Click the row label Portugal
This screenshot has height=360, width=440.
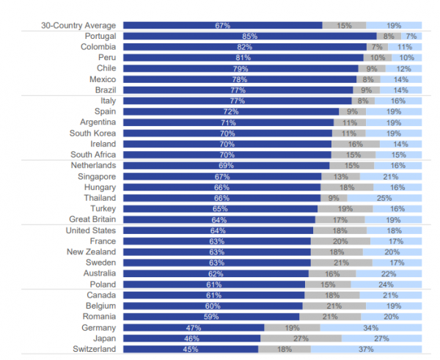point(100,36)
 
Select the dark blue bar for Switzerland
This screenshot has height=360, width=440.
point(191,350)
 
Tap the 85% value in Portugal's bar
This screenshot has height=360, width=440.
point(249,36)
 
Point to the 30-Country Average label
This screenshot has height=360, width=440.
point(78,25)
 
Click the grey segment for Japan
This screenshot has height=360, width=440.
point(301,339)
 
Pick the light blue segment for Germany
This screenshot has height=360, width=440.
point(370,328)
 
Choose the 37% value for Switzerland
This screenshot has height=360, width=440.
point(366,350)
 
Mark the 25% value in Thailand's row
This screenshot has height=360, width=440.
point(384,198)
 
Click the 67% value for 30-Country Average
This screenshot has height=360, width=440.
point(223,25)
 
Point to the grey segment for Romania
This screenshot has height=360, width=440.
point(341,317)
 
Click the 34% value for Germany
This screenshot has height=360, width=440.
point(370,328)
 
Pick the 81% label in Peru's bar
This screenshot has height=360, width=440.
point(244,58)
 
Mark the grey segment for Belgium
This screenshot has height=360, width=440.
point(334,306)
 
